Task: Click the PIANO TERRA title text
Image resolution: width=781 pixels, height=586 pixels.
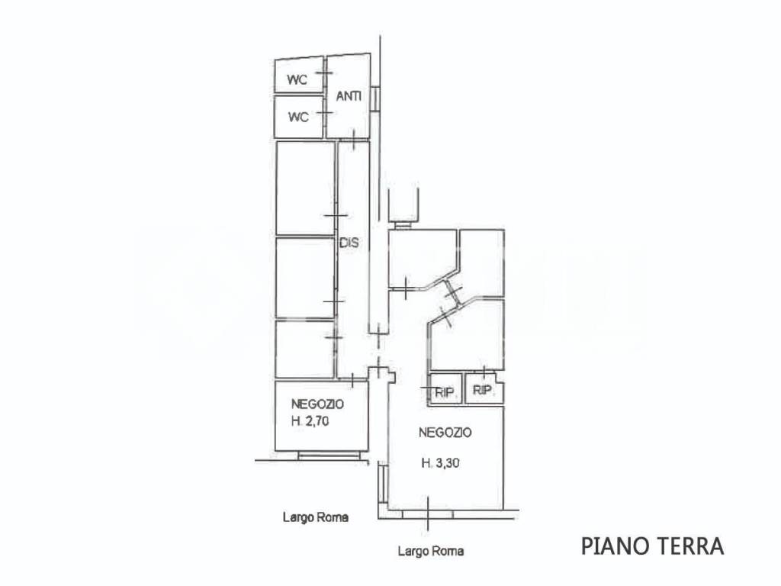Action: [x=652, y=546]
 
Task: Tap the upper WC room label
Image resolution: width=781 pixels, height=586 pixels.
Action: [x=297, y=79]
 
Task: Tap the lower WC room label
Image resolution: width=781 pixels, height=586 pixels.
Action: [x=298, y=117]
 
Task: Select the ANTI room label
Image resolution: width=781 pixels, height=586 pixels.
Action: [x=349, y=96]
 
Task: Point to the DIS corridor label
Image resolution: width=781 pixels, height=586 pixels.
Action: [x=349, y=243]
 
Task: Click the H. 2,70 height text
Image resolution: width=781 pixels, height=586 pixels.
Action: [x=310, y=421]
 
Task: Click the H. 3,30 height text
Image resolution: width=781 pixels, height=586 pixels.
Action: [x=440, y=463]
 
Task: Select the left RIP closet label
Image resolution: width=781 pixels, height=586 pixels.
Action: [x=445, y=393]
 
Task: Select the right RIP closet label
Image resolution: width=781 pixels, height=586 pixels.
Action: [x=482, y=390]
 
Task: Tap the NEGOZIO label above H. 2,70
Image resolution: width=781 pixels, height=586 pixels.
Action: [x=317, y=404]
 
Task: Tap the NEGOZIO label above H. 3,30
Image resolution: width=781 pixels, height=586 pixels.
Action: [x=445, y=432]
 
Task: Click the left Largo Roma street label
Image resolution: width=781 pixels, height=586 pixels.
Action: [x=315, y=517]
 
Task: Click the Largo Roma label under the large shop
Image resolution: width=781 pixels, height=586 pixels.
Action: [x=431, y=551]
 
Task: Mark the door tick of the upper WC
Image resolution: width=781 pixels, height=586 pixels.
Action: [x=325, y=73]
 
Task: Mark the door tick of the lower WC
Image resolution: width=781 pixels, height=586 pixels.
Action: [x=325, y=113]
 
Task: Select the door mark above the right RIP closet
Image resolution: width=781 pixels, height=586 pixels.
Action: [x=484, y=371]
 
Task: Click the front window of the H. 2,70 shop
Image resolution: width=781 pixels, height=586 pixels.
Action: [x=328, y=455]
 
